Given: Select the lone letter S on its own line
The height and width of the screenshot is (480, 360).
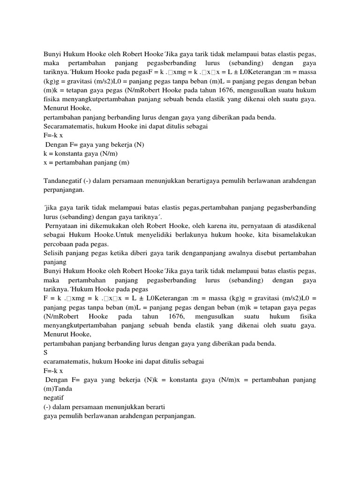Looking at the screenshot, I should [45, 352].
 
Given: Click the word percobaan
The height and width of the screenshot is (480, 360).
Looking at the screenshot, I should [59, 244].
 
